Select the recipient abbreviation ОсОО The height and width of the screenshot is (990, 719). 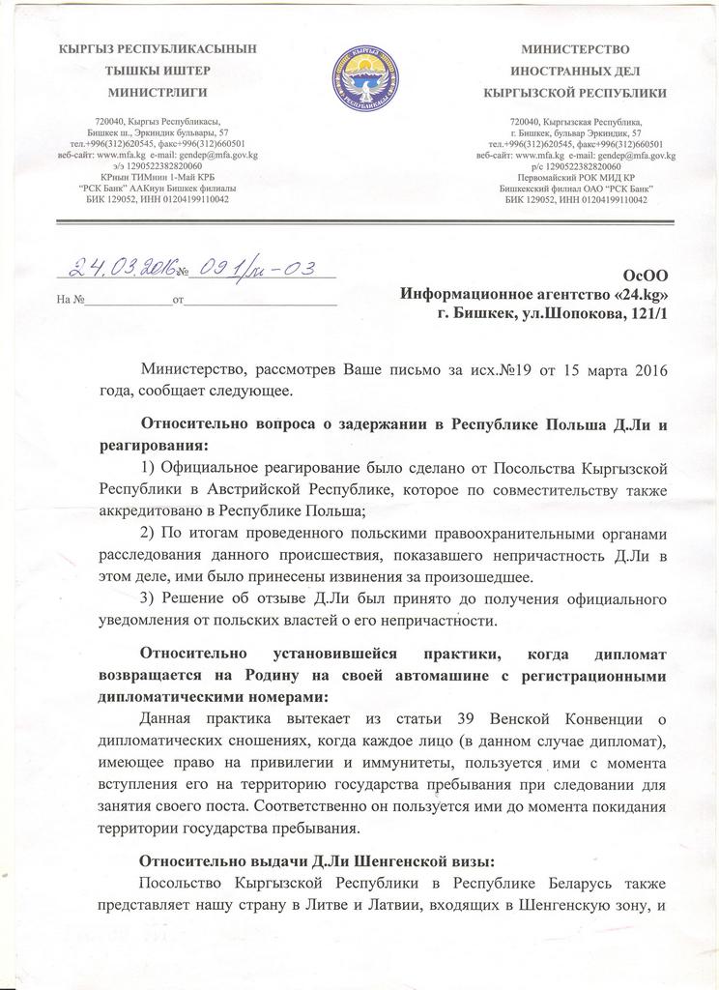pyautogui.click(x=647, y=276)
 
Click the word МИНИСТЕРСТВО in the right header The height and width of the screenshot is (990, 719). pyautogui.click(x=575, y=48)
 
